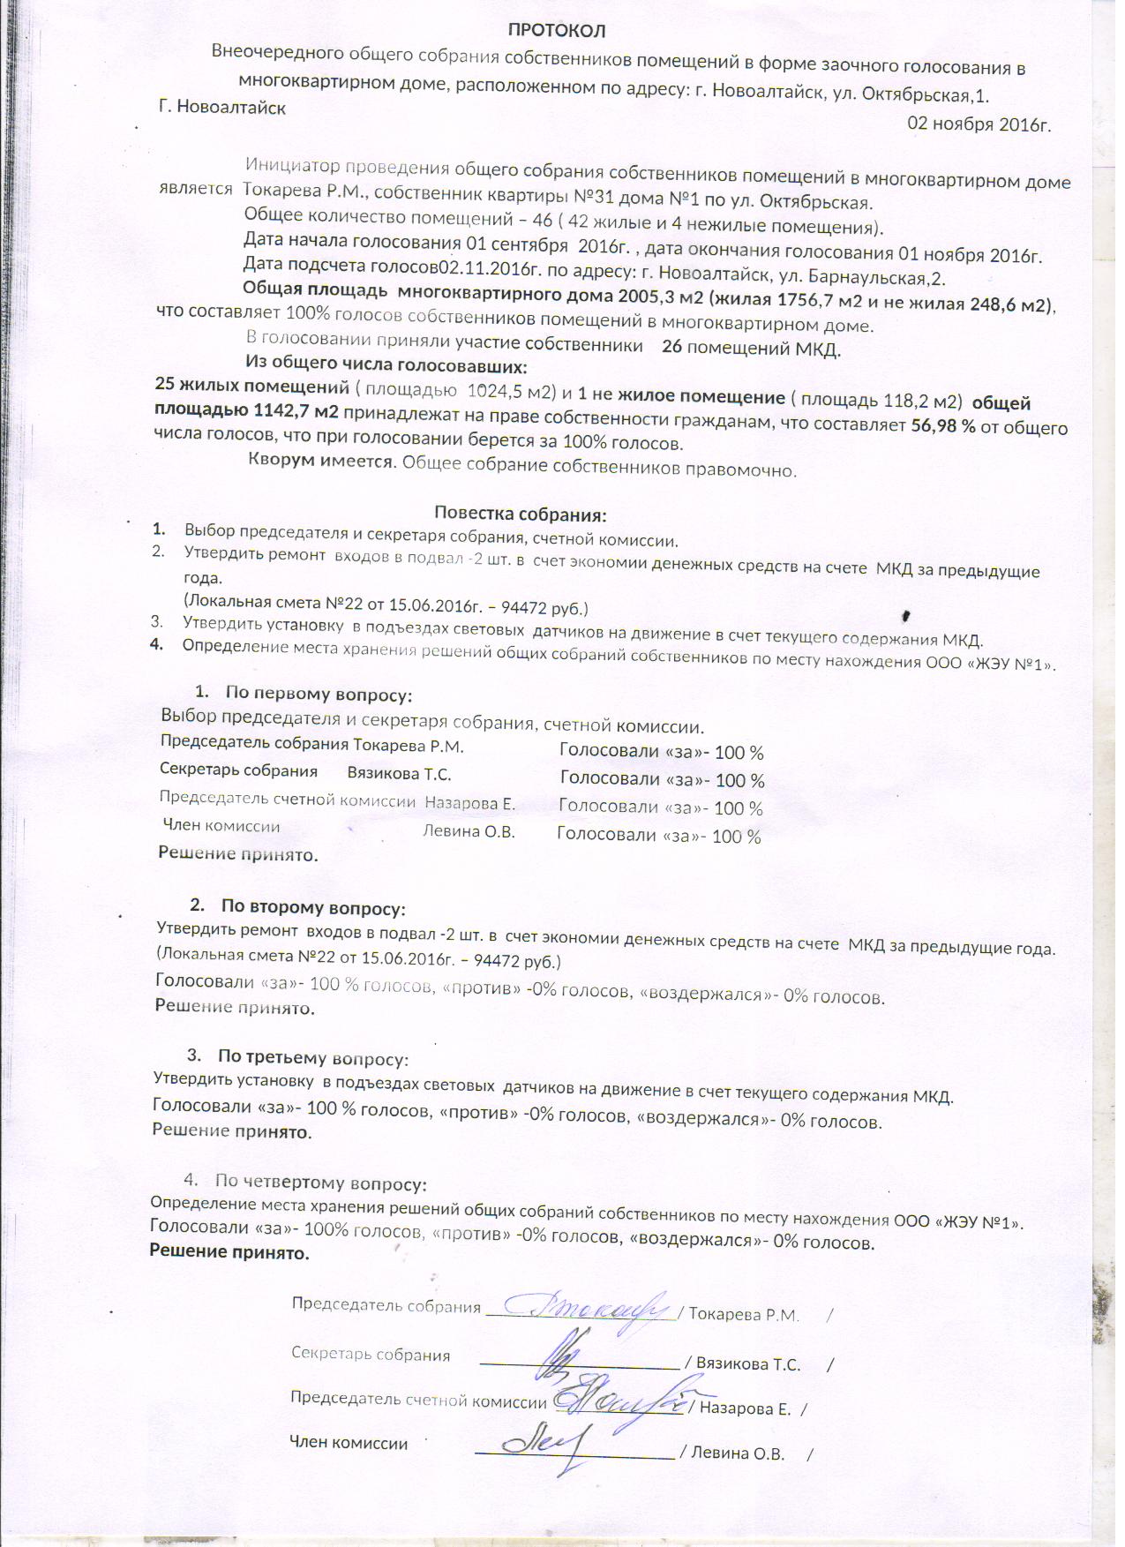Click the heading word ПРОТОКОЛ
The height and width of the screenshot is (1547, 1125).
pyautogui.click(x=557, y=31)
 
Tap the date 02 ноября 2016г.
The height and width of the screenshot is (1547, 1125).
pyautogui.click(x=979, y=124)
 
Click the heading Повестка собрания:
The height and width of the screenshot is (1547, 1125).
pyautogui.click(x=521, y=514)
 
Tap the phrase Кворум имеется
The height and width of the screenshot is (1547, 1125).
pyautogui.click(x=319, y=461)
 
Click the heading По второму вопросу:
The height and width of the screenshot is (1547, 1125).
pyautogui.click(x=313, y=906)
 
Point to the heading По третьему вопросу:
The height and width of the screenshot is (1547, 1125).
pyautogui.click(x=313, y=1056)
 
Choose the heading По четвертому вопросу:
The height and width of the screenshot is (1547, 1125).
pyautogui.click(x=321, y=1183)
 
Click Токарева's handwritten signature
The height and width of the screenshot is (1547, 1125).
pyautogui.click(x=586, y=1304)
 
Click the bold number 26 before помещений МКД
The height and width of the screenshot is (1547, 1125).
pyautogui.click(x=671, y=347)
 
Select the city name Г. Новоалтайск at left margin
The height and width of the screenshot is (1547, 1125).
pyautogui.click(x=221, y=108)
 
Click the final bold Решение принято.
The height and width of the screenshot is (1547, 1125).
pyautogui.click(x=229, y=1252)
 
